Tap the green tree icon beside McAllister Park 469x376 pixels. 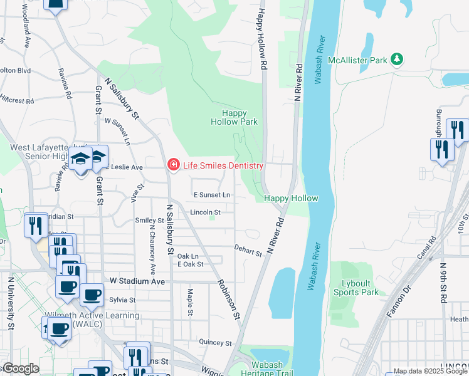tap(396, 60)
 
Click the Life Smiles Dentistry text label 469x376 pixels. tap(222, 165)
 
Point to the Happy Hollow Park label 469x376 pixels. tap(240, 118)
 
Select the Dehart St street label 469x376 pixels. tap(248, 251)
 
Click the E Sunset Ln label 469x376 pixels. tap(211, 196)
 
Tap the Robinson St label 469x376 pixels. tap(228, 297)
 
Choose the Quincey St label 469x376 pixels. tap(215, 343)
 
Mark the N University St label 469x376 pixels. tap(11, 301)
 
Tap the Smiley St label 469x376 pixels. tap(149, 221)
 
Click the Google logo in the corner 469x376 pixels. tap(20, 368)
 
